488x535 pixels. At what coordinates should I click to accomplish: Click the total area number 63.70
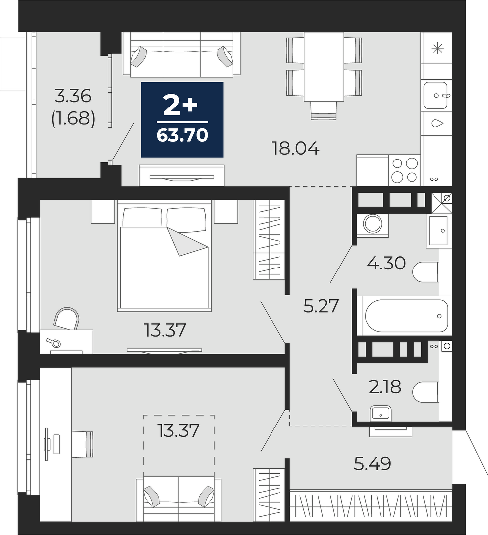(182, 135)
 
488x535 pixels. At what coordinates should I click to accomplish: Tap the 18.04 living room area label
(296, 149)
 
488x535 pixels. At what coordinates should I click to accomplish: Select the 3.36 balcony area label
(73, 96)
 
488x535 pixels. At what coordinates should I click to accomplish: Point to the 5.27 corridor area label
(321, 306)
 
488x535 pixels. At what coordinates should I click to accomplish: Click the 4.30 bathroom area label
(386, 264)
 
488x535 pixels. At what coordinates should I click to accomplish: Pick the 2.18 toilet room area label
(385, 387)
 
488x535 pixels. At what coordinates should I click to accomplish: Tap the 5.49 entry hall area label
(372, 464)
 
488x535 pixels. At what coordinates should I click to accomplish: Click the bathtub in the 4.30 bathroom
(406, 316)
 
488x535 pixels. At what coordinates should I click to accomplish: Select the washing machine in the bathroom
(373, 224)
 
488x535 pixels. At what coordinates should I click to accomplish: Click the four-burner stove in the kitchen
(405, 170)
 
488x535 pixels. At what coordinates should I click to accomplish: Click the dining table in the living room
(324, 66)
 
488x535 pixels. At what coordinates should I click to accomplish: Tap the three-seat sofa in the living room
(181, 54)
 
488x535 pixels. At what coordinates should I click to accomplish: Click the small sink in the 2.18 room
(380, 413)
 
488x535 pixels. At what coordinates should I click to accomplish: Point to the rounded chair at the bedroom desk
(67, 319)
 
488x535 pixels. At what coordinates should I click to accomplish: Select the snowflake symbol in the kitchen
(437, 49)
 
